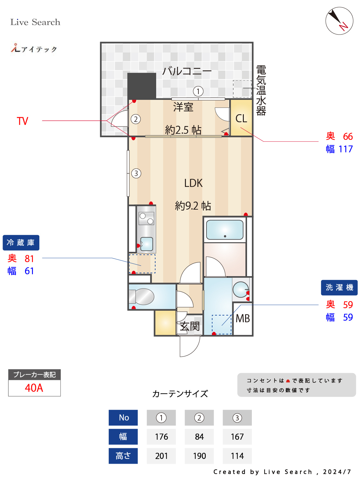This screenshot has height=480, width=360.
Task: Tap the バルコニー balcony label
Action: coord(187,71)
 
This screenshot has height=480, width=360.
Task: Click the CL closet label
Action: coord(241,118)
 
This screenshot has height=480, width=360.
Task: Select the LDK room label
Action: coord(193,183)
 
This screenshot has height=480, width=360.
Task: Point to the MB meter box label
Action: coord(243,318)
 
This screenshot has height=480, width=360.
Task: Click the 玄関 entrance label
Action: coord(190,326)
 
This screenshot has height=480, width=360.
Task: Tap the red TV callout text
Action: coord(22,121)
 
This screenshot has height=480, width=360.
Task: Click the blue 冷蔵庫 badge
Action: coord(21,243)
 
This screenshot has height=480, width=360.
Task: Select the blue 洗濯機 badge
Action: coord(339,287)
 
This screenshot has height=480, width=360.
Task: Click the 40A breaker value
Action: coord(34,388)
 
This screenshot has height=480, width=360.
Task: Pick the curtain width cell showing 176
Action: coord(161,437)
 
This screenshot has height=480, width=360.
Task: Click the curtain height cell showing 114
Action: coord(237,456)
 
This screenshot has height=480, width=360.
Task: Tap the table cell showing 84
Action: coord(199,437)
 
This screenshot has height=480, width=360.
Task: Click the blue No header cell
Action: coord(124,418)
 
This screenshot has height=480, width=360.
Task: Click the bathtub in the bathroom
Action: coord(225,230)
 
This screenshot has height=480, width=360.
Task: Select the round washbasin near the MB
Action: coord(240,289)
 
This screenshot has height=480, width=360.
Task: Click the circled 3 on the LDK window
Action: coord(136,173)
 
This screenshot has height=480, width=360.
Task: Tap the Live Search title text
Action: coord(35,22)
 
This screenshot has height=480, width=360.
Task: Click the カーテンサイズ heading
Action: coord(180,394)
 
